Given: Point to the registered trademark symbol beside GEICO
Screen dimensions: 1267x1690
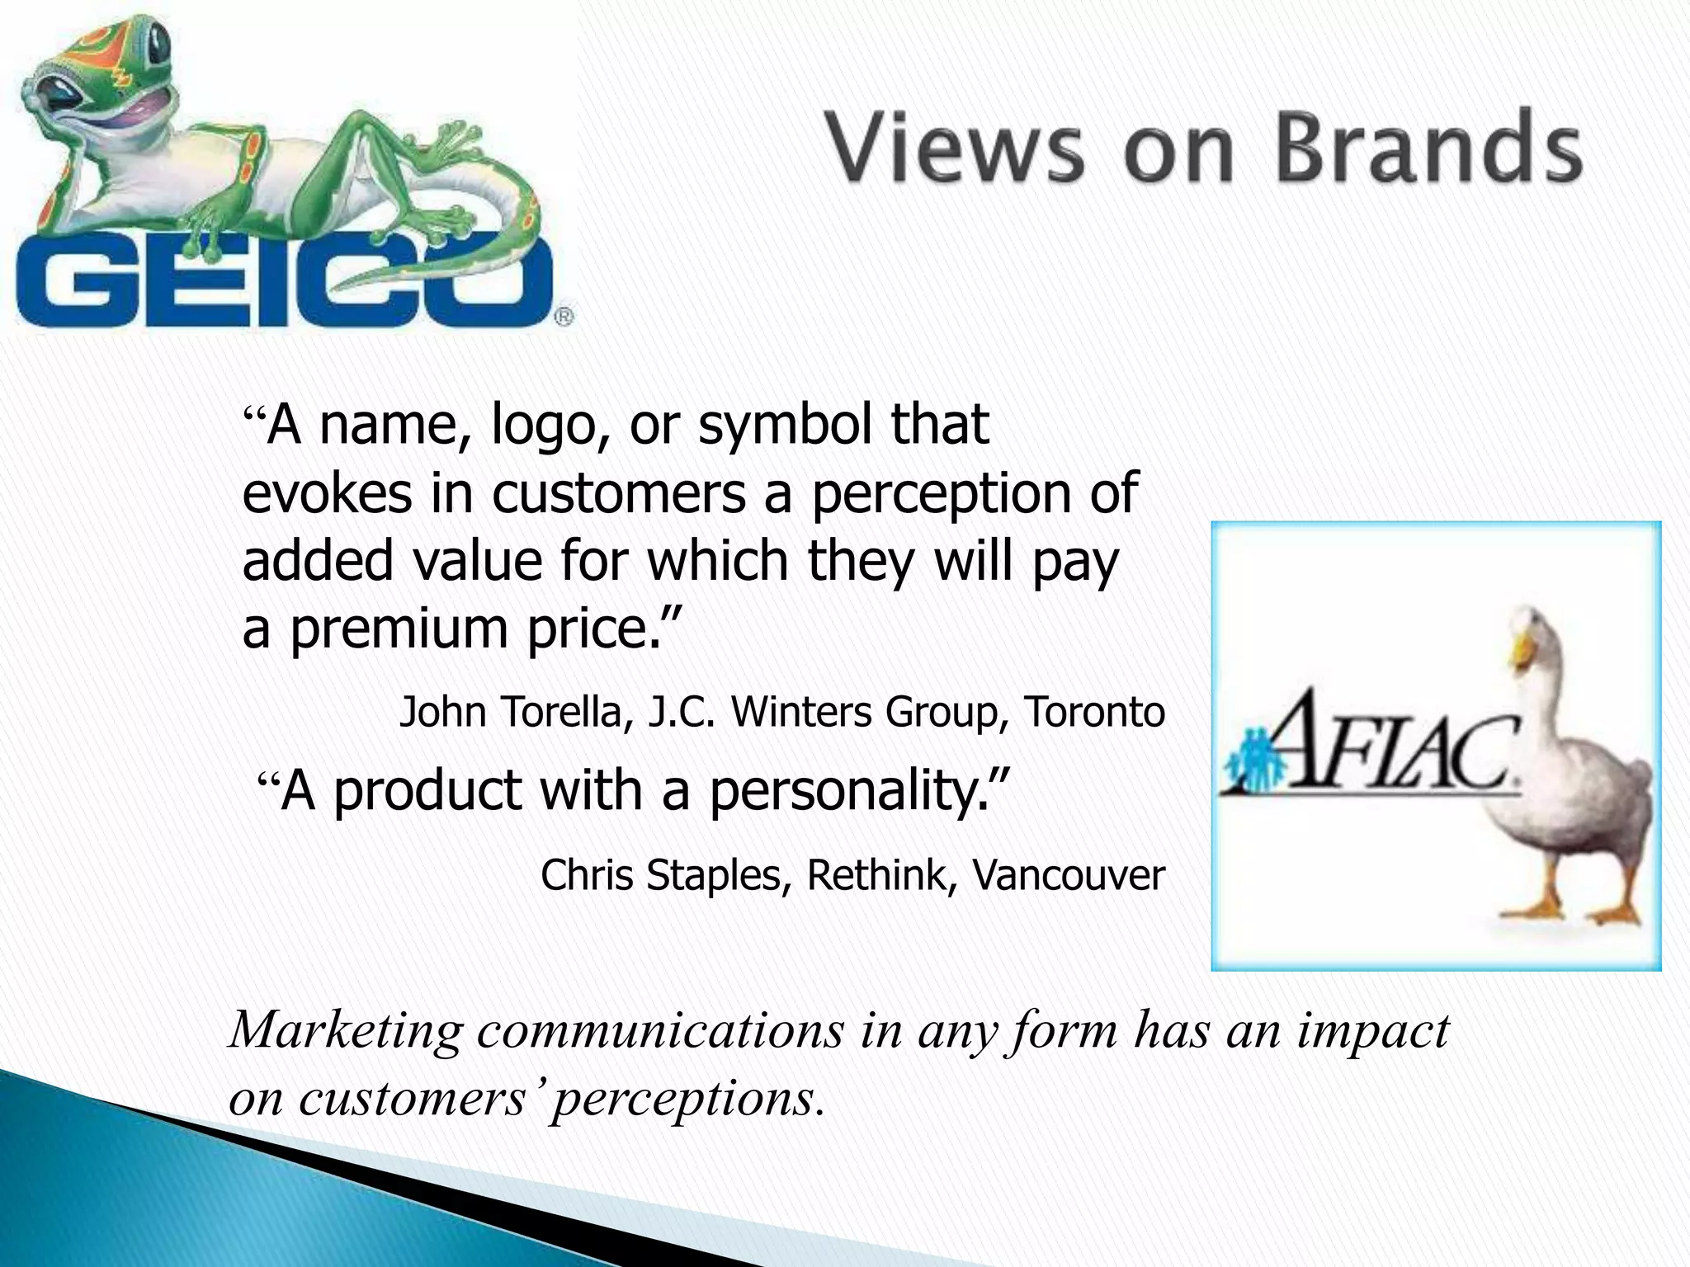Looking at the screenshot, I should coord(563,316).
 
